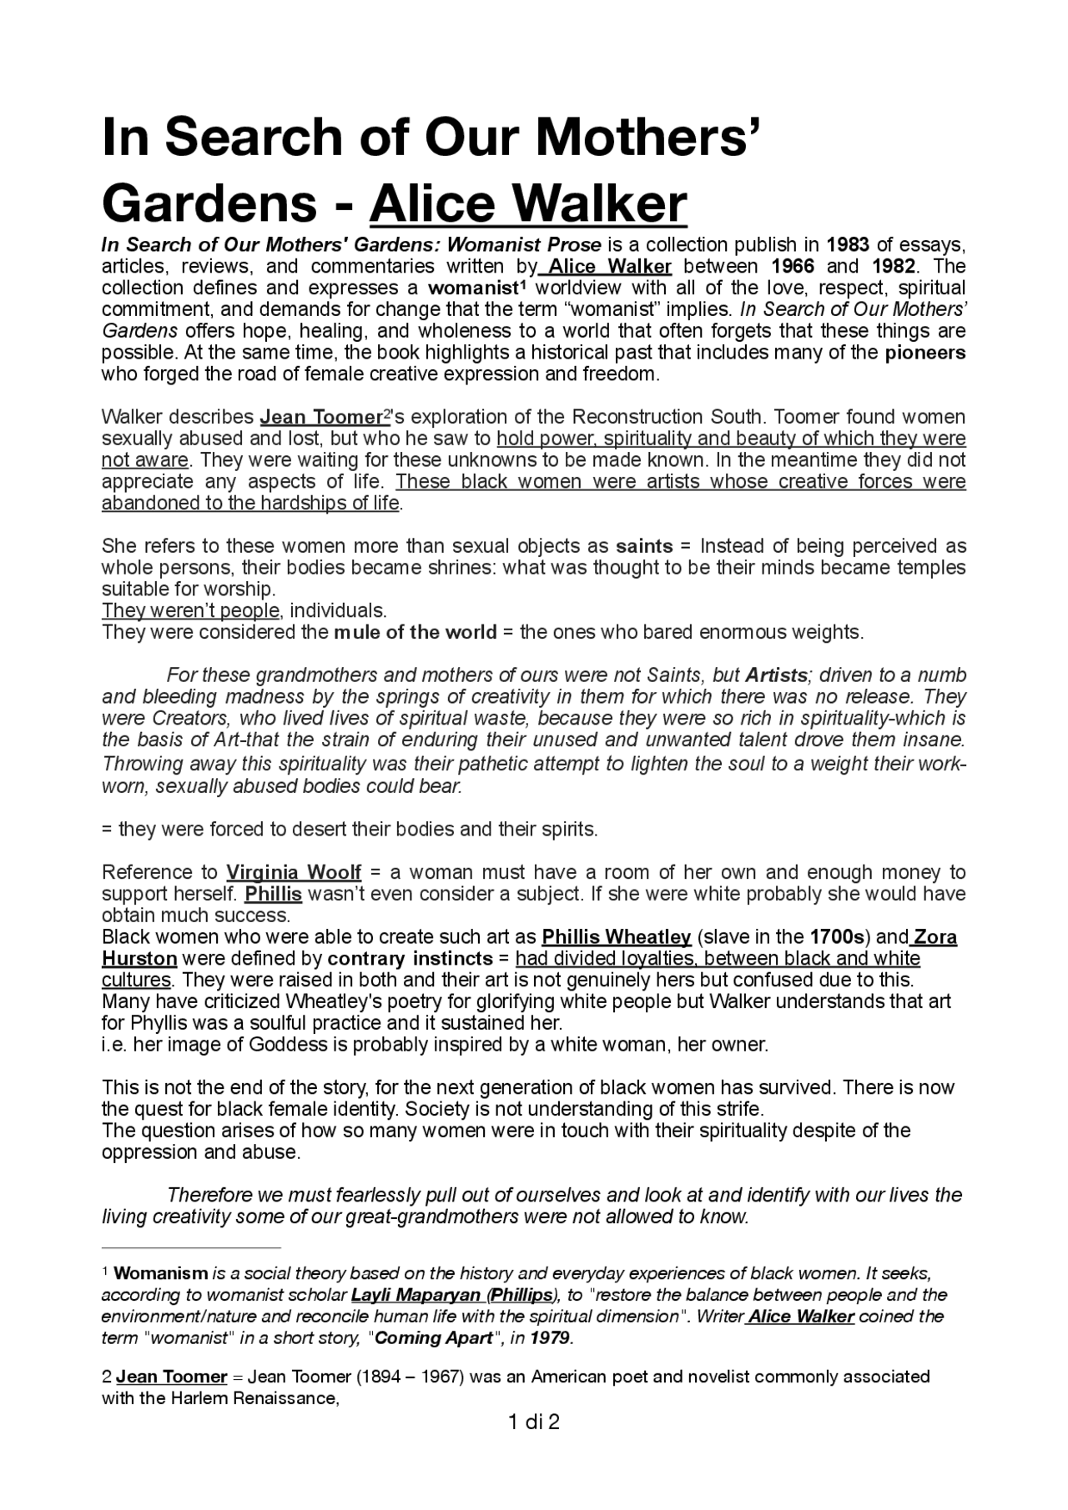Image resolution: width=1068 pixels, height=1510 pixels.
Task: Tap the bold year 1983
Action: pos(848,245)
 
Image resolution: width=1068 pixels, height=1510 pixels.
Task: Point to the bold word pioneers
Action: pos(924,353)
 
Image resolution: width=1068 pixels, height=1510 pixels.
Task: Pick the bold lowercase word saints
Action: pos(644,547)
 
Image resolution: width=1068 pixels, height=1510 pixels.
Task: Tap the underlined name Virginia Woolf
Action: pos(294,873)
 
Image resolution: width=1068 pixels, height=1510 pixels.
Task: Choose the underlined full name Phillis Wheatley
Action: pos(616,937)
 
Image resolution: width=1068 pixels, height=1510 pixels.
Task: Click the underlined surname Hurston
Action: pos(139,959)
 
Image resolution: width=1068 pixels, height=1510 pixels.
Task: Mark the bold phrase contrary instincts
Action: pos(410,959)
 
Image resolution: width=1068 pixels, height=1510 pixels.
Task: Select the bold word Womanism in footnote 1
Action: pos(160,1274)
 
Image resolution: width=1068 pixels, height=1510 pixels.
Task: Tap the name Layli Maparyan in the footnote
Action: pos(416,1296)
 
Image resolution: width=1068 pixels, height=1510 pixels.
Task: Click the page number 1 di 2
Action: pos(533,1422)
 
